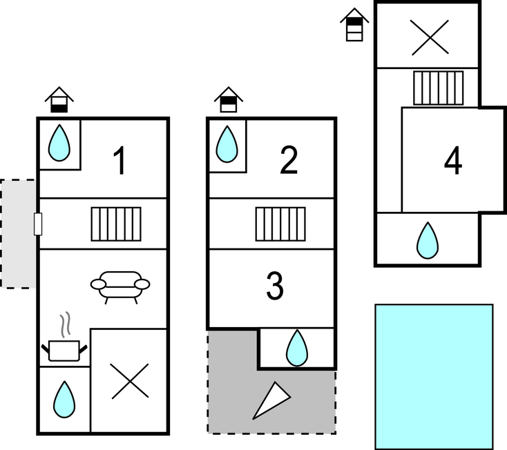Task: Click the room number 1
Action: tap(120, 162)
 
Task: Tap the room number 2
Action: tap(289, 161)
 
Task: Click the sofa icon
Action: tap(120, 286)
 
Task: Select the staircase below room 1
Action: tap(116, 224)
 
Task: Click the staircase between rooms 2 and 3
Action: tap(280, 224)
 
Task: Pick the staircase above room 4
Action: tap(438, 88)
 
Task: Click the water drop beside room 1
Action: tap(60, 143)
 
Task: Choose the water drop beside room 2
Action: tap(227, 143)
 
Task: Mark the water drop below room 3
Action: tap(297, 348)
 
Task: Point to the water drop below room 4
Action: tap(428, 240)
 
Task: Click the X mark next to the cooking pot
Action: tap(130, 380)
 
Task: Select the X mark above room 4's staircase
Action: tap(428, 37)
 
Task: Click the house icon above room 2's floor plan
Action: tap(228, 101)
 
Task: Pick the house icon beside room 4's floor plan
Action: tap(354, 26)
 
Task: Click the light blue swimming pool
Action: tap(434, 376)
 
